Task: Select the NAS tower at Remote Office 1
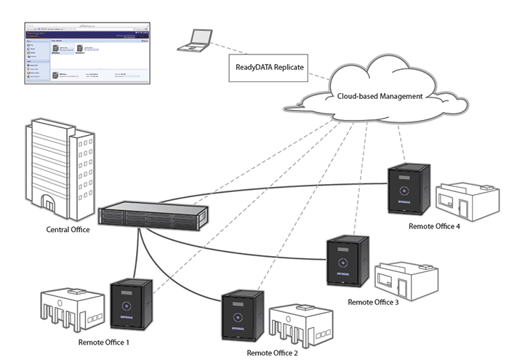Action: coord(131,305)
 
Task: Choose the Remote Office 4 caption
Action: coord(437,226)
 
